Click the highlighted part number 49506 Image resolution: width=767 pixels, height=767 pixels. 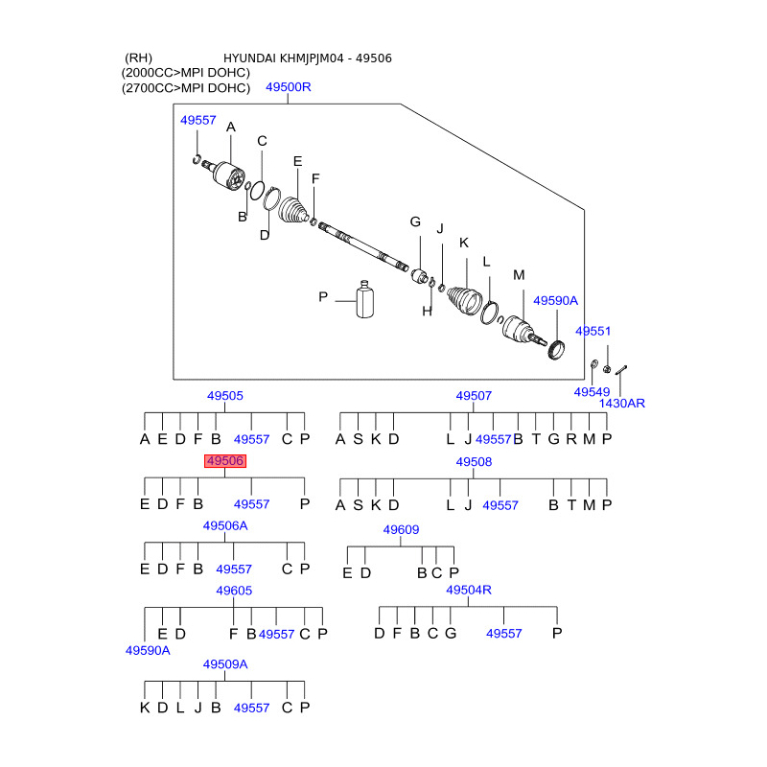click(224, 461)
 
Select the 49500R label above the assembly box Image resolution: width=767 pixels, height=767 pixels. click(288, 88)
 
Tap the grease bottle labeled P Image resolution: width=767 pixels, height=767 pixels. click(364, 299)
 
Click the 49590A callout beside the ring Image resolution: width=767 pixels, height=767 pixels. click(556, 300)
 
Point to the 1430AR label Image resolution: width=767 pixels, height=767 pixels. click(622, 404)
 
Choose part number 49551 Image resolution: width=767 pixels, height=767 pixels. click(593, 331)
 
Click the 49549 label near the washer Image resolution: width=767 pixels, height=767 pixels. click(592, 392)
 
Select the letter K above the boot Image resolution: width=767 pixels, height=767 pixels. click(464, 243)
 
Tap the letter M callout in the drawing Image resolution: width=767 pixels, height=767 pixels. click(519, 275)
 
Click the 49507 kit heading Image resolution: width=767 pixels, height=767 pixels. click(474, 395)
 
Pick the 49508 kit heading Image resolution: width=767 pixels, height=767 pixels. click(474, 461)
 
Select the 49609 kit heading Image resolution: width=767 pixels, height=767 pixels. click(401, 529)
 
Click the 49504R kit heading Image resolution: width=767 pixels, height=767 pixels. click(469, 591)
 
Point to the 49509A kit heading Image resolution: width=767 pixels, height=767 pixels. click(225, 663)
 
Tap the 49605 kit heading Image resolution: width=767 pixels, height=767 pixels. click(234, 591)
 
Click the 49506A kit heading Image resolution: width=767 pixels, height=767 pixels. click(225, 525)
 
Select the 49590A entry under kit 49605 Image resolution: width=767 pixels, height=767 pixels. click(148, 650)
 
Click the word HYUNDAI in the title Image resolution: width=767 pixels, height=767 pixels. click(253, 58)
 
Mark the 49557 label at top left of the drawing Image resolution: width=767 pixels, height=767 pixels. click(198, 120)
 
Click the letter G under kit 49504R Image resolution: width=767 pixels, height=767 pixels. click(451, 634)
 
